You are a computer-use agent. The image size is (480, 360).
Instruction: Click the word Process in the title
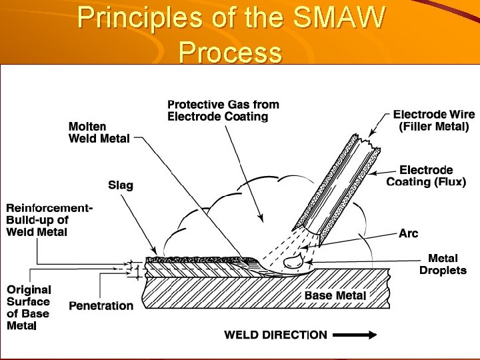pyautogui.click(x=230, y=52)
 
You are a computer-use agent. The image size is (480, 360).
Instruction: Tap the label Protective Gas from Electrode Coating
pyautogui.click(x=223, y=111)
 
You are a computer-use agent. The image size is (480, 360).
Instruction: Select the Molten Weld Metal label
pyautogui.click(x=97, y=132)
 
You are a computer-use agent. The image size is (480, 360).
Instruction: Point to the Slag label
pyautogui.click(x=121, y=185)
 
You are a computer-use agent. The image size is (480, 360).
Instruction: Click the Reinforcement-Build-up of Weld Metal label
pyautogui.click(x=49, y=220)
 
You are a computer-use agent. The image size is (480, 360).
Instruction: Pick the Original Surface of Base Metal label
pyautogui.click(x=29, y=307)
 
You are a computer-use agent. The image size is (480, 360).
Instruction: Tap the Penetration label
pyautogui.click(x=101, y=306)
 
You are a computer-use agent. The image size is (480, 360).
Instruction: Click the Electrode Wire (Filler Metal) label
pyautogui.click(x=431, y=120)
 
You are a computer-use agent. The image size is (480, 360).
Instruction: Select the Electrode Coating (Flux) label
pyautogui.click(x=426, y=176)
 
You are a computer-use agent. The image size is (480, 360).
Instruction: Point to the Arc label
pyautogui.click(x=408, y=233)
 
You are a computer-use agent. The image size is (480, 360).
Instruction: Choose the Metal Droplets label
pyautogui.click(x=443, y=264)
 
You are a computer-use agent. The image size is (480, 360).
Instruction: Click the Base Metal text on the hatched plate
pyautogui.click(x=335, y=295)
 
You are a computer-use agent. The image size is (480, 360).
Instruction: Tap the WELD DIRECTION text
pyautogui.click(x=275, y=335)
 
